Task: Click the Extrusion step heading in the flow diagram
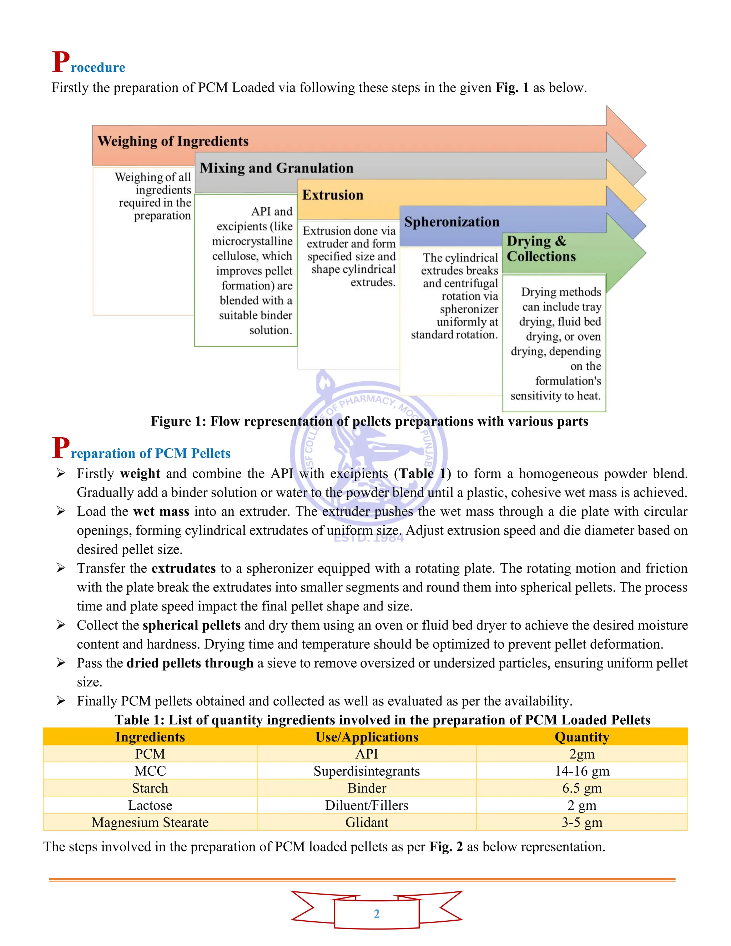333,195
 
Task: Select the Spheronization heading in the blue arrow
452,222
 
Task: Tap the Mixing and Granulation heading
276,168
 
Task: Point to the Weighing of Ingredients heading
173,141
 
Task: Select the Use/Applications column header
367,737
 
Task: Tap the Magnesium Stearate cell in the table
150,822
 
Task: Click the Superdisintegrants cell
367,771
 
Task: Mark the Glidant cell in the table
367,822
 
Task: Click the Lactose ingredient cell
150,805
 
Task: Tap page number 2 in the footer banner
376,914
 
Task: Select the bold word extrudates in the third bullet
183,568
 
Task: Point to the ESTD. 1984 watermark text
368,538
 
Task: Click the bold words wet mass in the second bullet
161,512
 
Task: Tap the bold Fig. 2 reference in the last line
446,847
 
